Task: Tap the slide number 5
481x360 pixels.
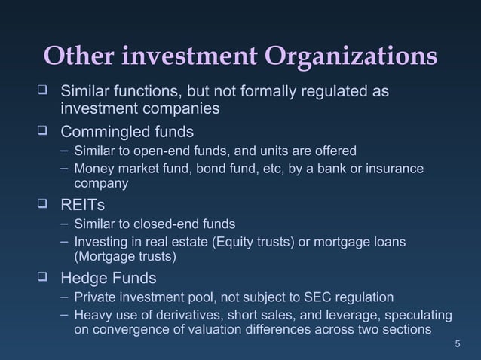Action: pos(458,344)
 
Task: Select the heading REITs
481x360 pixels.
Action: pos(84,204)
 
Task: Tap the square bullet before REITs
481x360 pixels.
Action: pos(45,203)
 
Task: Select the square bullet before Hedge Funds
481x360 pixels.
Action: pos(45,276)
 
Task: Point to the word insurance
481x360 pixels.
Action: pos(394,167)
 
